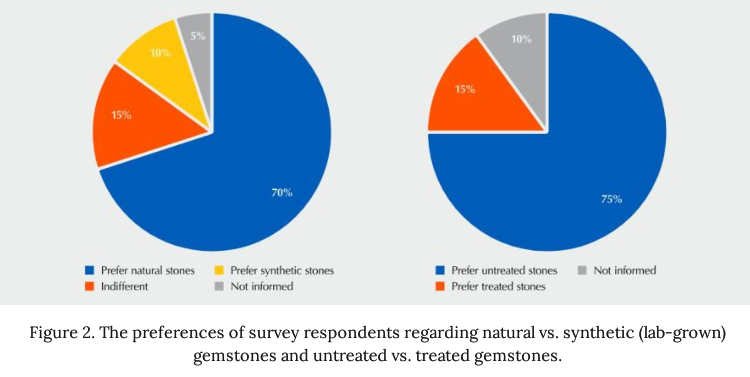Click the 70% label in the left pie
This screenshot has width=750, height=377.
click(x=281, y=192)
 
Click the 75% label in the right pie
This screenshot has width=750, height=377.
click(x=611, y=198)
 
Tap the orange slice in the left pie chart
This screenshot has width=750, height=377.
click(x=125, y=122)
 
